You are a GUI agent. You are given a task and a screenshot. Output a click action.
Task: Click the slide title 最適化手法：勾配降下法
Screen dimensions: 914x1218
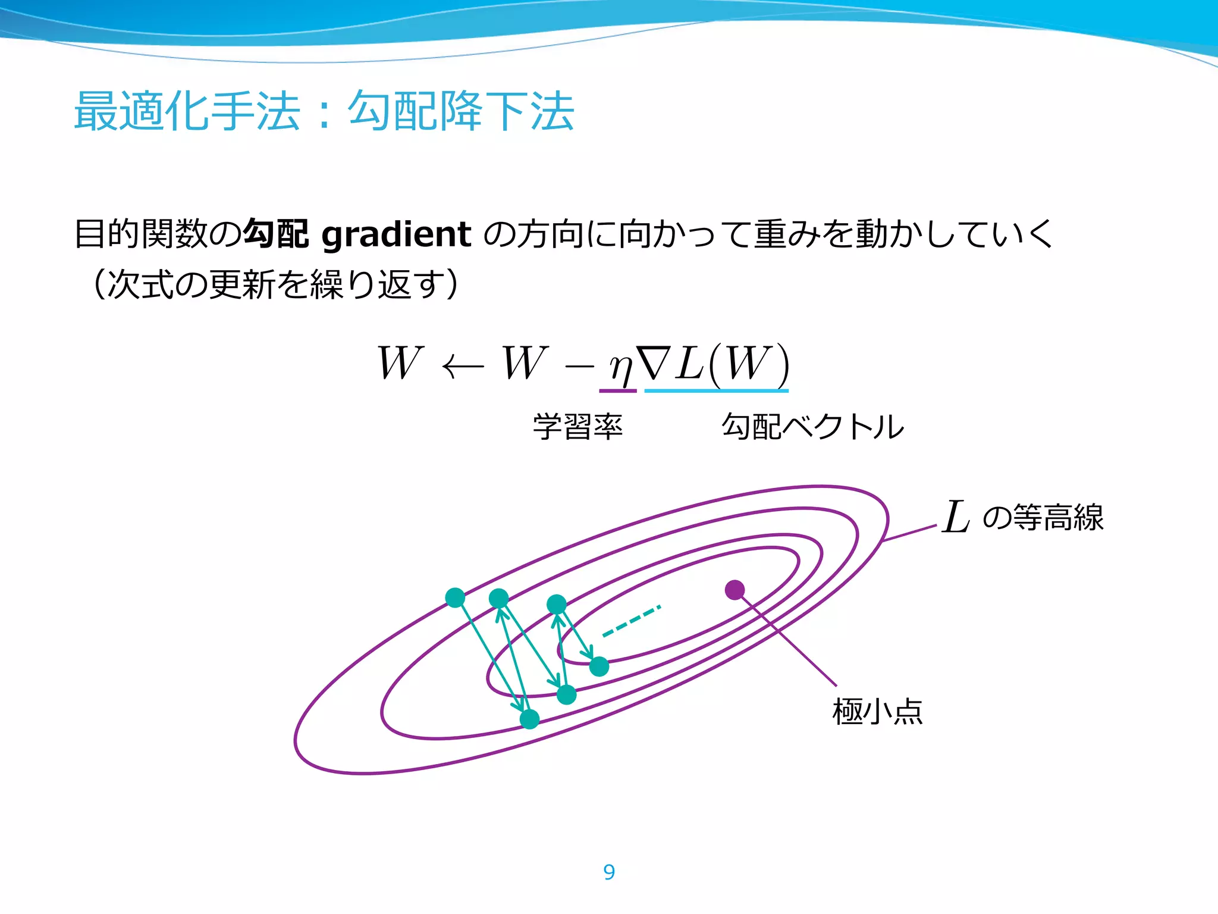[324, 111]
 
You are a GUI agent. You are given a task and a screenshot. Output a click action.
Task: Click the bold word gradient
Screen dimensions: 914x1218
[397, 234]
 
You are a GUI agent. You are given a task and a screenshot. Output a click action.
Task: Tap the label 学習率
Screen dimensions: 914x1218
[577, 427]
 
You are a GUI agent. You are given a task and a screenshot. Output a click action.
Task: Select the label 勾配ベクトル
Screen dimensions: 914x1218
[812, 427]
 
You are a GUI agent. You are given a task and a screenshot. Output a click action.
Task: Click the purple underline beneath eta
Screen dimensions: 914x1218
[618, 390]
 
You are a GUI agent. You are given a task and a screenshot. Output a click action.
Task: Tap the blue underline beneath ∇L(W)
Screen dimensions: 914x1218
[716, 390]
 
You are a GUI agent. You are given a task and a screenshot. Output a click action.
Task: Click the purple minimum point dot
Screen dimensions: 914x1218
[735, 590]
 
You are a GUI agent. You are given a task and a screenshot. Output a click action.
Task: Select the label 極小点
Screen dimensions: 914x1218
[877, 712]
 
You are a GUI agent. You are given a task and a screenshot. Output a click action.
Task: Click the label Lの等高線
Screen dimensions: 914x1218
[1023, 517]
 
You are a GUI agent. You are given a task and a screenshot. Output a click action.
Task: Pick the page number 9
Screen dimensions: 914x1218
[609, 872]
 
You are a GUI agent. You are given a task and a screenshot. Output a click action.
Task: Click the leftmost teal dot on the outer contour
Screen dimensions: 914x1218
[455, 597]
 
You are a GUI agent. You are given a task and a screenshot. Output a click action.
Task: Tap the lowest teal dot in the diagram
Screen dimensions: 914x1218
[529, 719]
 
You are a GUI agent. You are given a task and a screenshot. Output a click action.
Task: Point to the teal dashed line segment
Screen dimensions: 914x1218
[632, 621]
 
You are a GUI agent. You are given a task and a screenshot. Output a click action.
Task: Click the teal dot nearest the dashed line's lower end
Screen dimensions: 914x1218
[599, 666]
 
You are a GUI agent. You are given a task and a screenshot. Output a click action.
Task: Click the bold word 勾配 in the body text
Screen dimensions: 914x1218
[276, 234]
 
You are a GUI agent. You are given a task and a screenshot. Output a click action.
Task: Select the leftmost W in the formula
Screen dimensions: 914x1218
[400, 362]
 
